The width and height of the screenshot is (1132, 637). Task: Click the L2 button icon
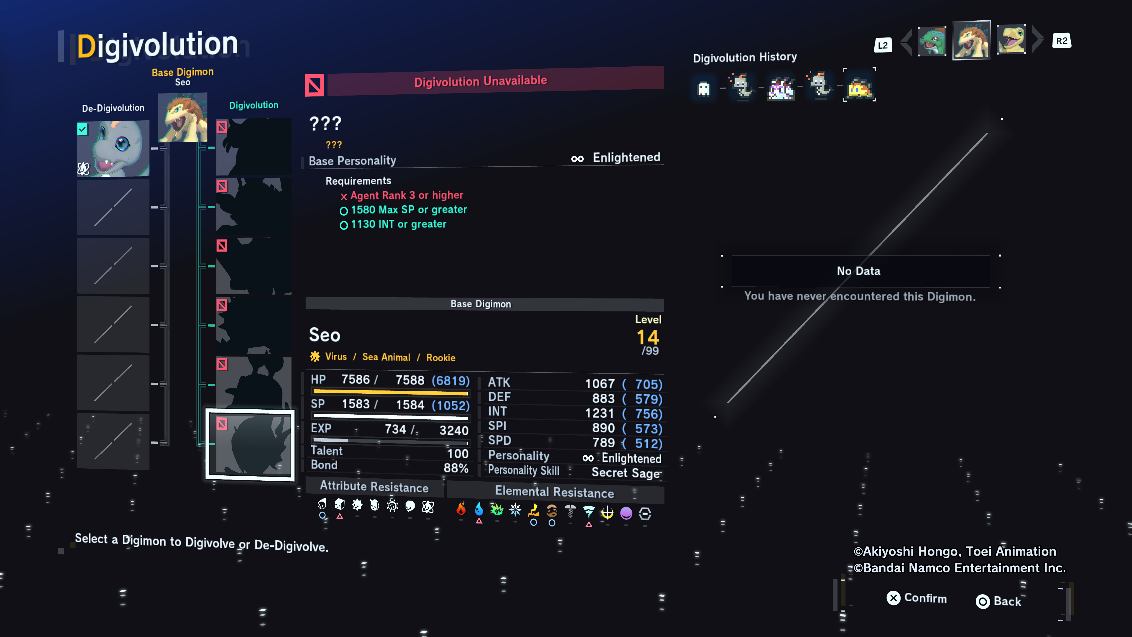(883, 45)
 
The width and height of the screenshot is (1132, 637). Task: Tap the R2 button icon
(1062, 41)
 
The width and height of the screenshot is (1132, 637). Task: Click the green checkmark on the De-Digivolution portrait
(83, 129)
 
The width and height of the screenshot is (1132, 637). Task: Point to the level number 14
(648, 338)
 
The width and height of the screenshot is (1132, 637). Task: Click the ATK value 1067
(600, 384)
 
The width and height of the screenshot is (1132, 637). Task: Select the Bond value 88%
(456, 468)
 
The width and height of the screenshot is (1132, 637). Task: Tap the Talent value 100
(458, 454)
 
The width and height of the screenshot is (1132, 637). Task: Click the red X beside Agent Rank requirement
(344, 196)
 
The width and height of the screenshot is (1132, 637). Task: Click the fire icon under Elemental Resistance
(461, 509)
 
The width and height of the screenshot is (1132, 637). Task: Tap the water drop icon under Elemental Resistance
(479, 509)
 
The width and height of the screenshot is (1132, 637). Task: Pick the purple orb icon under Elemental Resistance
(626, 513)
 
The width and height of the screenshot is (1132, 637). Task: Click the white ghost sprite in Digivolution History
(704, 88)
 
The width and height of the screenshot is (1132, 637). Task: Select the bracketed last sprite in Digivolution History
(860, 85)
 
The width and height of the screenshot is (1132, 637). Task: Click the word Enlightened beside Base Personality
(626, 157)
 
